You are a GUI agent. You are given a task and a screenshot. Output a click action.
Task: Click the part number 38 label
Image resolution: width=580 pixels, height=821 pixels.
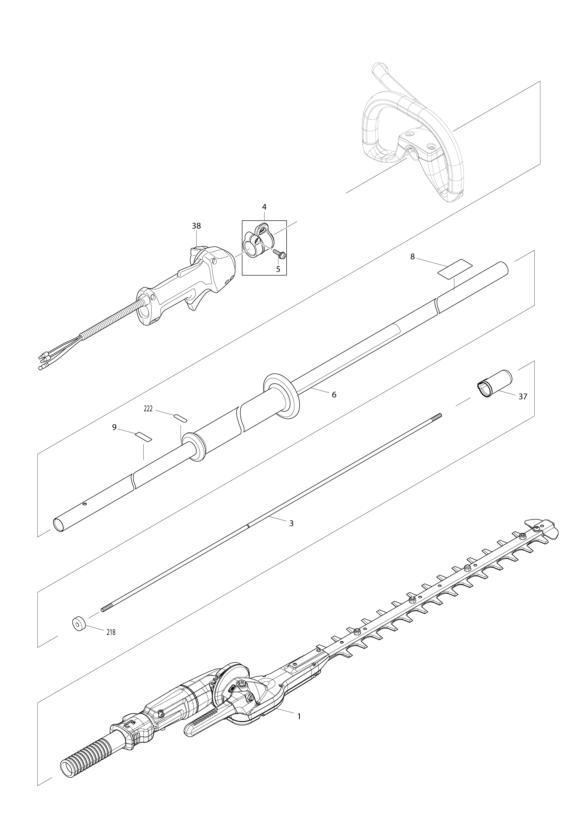click(196, 226)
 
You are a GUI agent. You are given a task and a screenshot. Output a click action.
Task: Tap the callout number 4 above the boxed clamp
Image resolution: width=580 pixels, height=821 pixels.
click(264, 207)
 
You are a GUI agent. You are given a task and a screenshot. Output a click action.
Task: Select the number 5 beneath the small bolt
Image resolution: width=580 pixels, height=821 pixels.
click(278, 269)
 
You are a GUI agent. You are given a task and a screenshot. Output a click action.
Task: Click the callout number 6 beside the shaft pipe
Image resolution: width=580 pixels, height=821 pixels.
click(334, 395)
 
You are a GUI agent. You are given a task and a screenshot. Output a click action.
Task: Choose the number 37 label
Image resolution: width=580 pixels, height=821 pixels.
click(523, 397)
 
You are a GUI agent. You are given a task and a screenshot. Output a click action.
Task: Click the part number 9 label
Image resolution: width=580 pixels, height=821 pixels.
click(114, 427)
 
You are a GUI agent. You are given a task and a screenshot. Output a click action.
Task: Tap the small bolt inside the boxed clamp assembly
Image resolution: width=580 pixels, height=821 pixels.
click(280, 254)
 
